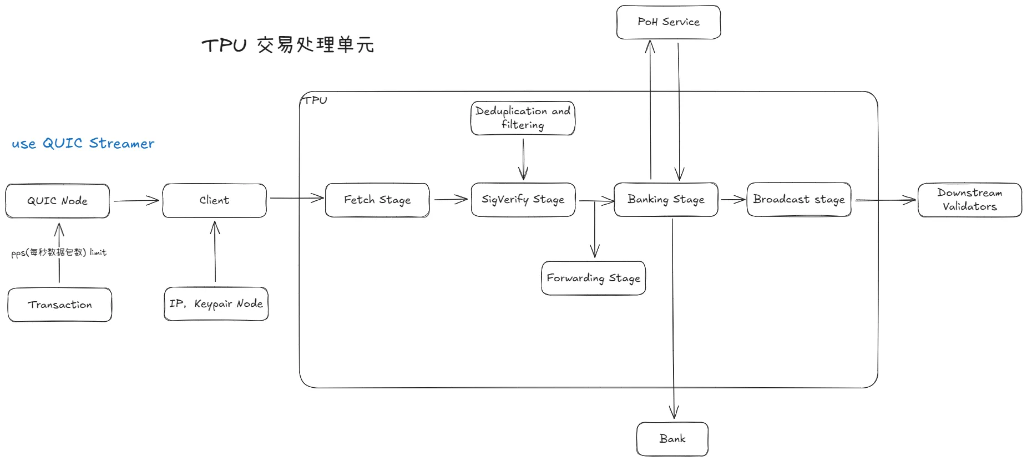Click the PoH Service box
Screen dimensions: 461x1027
668,22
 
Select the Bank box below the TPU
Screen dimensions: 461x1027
672,439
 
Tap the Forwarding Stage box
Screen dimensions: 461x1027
593,278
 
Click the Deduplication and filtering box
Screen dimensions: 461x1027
523,118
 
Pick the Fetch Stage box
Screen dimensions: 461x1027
377,200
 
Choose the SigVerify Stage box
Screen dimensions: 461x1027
523,200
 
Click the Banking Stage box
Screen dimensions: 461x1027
666,199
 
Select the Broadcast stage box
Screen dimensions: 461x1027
798,199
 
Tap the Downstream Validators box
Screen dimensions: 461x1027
969,200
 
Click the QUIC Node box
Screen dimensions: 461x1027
57,201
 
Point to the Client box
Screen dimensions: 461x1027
214,200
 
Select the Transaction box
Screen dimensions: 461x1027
60,305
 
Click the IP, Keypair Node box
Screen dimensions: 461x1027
216,303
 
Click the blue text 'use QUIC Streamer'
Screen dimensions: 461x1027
83,144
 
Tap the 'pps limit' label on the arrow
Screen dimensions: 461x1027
59,252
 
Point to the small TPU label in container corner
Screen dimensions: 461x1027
315,100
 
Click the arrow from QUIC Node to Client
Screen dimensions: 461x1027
136,200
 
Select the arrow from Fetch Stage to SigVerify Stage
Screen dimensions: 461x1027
450,199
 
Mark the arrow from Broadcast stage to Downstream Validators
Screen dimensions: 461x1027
884,200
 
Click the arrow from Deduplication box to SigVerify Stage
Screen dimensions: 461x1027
523,159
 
